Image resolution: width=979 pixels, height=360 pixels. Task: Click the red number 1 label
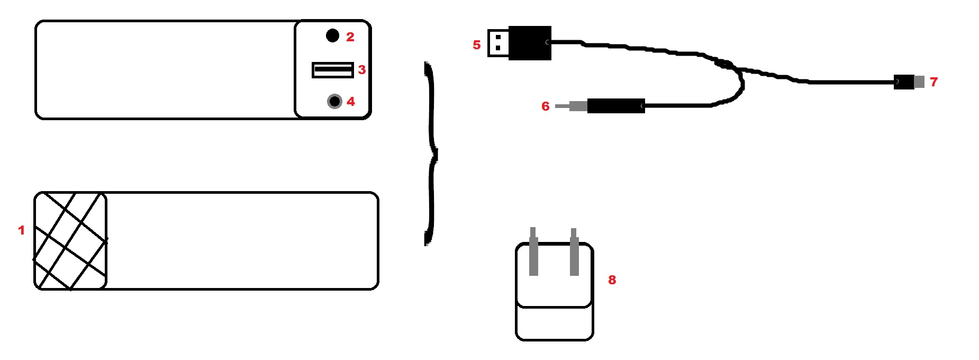21,230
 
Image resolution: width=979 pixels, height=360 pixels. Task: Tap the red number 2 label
350,37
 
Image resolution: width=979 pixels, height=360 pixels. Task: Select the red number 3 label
361,70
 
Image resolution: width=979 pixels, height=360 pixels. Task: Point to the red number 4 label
350,102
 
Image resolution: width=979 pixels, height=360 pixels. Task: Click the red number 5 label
476,45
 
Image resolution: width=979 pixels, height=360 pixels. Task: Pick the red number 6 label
545,106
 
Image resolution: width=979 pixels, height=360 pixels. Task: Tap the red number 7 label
933,82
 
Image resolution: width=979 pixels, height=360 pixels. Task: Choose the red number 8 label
612,280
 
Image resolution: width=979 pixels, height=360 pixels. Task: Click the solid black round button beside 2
332,35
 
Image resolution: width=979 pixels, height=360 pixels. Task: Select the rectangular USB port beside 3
332,70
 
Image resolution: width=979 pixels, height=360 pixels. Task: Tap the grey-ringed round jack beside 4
334,101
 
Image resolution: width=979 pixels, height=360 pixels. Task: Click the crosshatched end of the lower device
70,241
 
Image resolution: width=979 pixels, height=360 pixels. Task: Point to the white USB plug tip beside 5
498,43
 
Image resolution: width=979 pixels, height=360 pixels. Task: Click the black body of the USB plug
530,43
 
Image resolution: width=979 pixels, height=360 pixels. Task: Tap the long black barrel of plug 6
615,106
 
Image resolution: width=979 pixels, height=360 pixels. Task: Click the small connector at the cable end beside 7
909,82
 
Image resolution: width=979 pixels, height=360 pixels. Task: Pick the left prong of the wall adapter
533,252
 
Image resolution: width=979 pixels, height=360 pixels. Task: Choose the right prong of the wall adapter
574,253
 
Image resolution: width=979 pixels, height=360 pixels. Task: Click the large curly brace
431,154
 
